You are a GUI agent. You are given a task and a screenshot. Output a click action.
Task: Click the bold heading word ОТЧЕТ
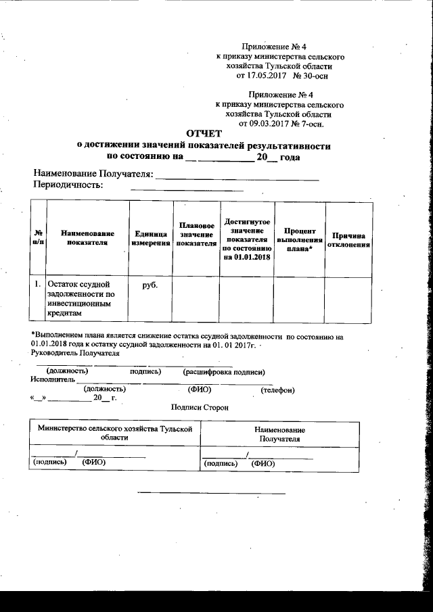click(204, 133)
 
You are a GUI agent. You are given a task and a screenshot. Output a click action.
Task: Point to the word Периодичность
click(68, 185)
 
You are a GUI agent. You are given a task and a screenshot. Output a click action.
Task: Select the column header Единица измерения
click(150, 238)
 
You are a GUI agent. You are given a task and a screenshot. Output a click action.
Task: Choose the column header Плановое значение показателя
click(196, 234)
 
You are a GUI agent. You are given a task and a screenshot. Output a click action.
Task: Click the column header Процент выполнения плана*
click(299, 240)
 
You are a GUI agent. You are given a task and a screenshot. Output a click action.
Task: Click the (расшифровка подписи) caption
click(223, 372)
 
